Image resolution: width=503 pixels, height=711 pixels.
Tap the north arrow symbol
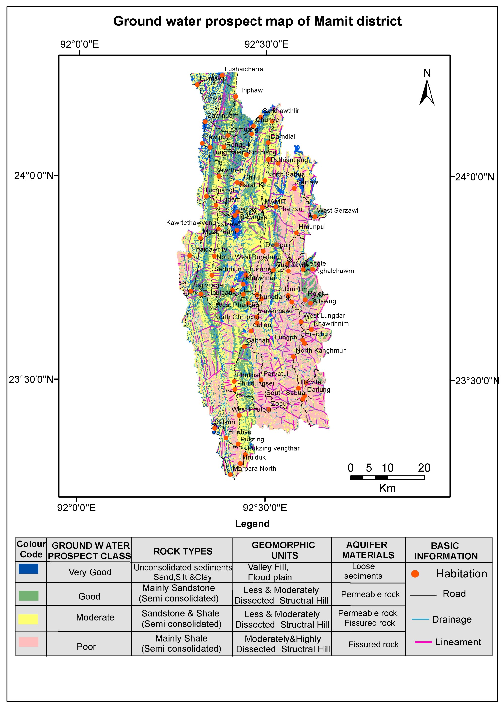point(427,92)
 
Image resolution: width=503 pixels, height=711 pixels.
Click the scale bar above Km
point(387,477)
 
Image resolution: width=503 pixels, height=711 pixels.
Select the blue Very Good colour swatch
point(29,569)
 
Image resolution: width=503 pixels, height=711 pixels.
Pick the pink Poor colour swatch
point(29,642)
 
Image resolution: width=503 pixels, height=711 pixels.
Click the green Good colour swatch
point(29,595)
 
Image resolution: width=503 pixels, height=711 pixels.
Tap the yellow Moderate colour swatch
point(28,619)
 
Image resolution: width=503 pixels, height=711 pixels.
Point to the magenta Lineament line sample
point(423,642)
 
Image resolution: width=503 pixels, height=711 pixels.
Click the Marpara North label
point(254,469)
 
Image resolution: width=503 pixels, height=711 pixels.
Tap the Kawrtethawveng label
point(191,223)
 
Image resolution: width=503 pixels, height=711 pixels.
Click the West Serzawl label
point(337,211)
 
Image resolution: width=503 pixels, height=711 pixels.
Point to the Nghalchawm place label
point(334,271)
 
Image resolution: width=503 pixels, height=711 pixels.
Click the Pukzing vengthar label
point(274,448)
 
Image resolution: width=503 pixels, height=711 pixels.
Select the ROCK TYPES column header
point(183,551)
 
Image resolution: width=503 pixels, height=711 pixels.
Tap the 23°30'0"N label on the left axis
point(31,380)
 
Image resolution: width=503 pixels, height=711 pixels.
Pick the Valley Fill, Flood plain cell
point(269,572)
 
